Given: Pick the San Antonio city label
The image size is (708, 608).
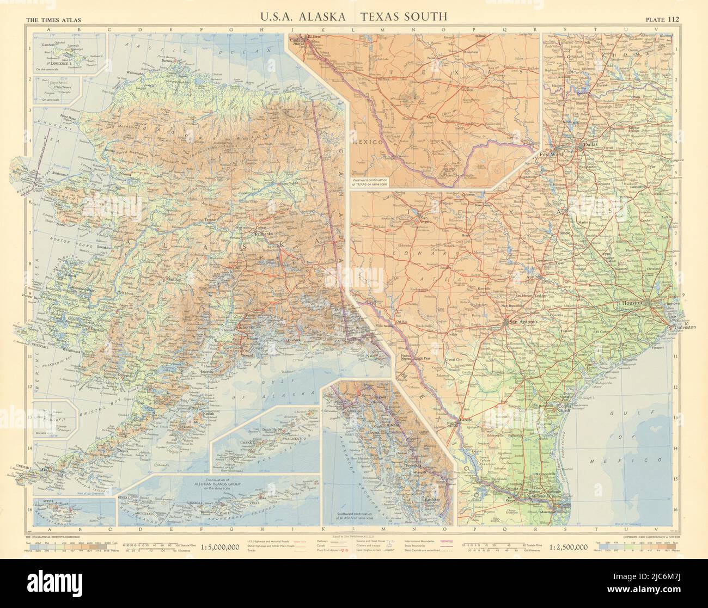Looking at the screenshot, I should pyautogui.click(x=522, y=322).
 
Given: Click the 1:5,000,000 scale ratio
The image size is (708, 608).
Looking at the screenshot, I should pyautogui.click(x=221, y=547).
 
